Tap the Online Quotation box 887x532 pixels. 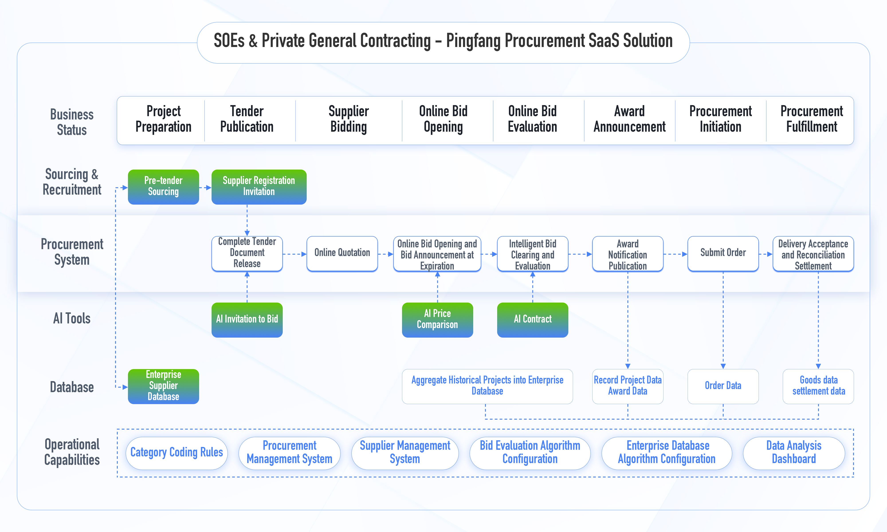click(342, 253)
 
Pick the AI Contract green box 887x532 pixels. click(532, 319)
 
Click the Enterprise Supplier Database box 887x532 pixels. click(163, 386)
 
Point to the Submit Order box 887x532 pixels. click(723, 253)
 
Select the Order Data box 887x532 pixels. click(723, 386)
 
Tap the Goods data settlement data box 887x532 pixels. click(818, 386)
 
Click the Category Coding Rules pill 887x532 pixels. click(176, 453)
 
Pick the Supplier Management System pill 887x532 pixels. click(405, 453)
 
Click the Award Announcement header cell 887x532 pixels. click(629, 120)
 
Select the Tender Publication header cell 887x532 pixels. click(247, 120)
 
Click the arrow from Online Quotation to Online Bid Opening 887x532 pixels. click(385, 254)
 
